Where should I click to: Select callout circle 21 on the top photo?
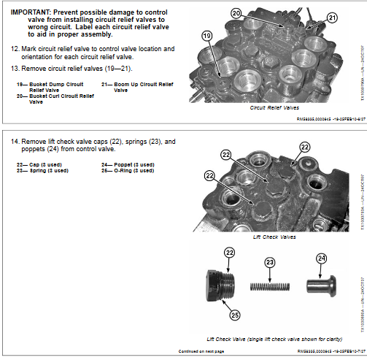(333, 18)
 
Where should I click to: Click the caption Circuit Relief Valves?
(271, 107)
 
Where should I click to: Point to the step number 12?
(15, 49)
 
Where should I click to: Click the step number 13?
(15, 68)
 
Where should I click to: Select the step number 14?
(15, 139)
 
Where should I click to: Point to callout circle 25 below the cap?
(235, 315)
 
